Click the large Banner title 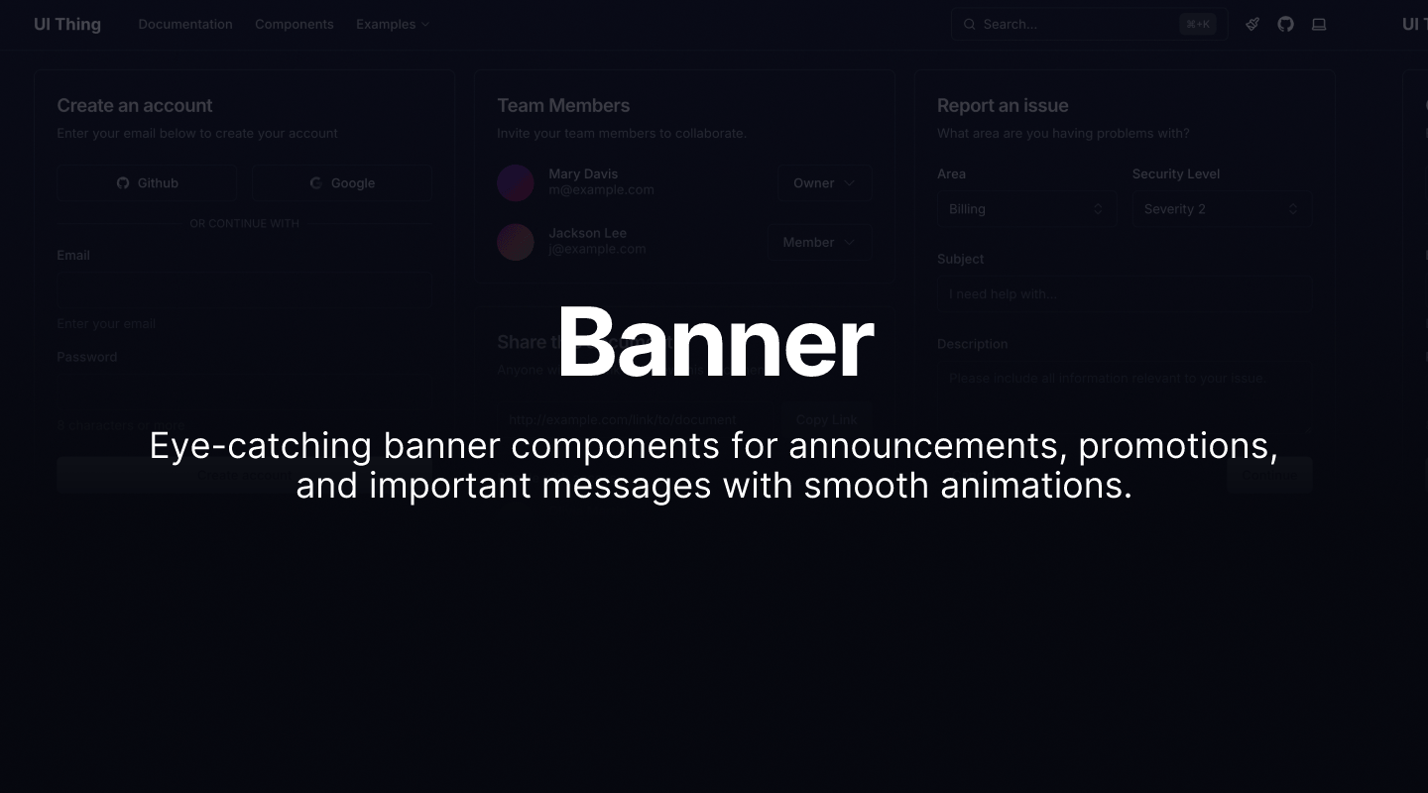point(715,343)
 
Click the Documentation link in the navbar point(185,24)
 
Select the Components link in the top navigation point(294,24)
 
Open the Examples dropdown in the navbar point(392,24)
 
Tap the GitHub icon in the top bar point(1285,24)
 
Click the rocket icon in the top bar point(1252,24)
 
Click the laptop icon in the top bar point(1319,24)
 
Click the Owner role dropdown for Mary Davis point(823,183)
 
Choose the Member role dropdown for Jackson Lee point(818,243)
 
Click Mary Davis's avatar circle point(516,183)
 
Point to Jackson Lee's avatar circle point(516,242)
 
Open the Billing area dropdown point(1025,209)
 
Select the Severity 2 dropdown point(1221,209)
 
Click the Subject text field point(1124,294)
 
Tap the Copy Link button point(826,419)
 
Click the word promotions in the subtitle point(1176,446)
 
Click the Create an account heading point(135,105)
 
